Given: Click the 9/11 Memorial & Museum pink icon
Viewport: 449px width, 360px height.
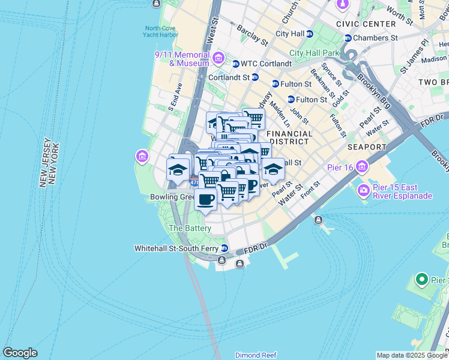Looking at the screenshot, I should tap(218, 58).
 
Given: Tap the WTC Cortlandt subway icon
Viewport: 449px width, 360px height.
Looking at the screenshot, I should tap(236, 64).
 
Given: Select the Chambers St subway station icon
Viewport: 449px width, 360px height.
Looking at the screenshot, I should tap(348, 38).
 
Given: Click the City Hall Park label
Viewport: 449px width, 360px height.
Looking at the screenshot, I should tap(314, 53).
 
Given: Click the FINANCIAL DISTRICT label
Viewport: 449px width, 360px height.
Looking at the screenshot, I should tap(289, 137).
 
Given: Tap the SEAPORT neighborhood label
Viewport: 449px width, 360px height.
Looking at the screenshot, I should tap(367, 147).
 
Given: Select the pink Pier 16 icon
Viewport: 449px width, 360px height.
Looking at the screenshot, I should tap(361, 166).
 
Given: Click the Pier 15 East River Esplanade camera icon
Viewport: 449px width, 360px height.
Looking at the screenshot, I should tap(364, 191).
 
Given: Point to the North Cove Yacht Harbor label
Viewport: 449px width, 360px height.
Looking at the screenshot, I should tap(161, 31).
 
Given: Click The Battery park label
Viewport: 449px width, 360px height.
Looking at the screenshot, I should tap(190, 228).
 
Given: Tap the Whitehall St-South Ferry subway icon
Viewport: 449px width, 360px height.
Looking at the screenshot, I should tap(224, 248).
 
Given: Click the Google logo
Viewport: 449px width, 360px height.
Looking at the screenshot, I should tap(20, 353).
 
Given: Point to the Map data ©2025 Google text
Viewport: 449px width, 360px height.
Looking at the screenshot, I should tap(411, 355).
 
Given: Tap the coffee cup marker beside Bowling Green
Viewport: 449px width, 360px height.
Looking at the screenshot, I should tap(205, 200).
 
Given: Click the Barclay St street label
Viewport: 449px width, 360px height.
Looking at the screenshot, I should tap(252, 35).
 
